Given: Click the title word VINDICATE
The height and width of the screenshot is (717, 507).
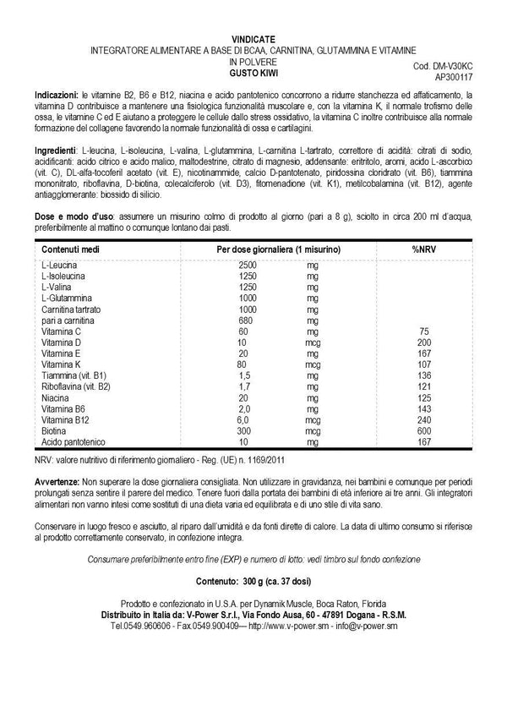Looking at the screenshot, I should click(253, 39).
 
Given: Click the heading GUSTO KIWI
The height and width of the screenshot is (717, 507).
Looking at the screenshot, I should click(253, 74).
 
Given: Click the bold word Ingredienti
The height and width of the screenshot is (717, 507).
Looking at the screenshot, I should click(60, 149).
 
